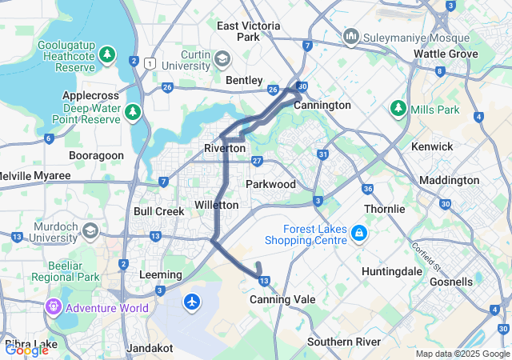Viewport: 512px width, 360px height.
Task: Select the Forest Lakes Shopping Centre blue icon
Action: click(x=359, y=233)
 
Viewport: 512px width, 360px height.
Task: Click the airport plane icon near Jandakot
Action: click(x=191, y=302)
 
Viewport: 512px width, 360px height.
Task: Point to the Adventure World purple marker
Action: click(x=54, y=306)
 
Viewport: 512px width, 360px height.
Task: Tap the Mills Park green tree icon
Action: click(x=398, y=107)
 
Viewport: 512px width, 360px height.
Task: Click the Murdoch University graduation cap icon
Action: click(x=90, y=231)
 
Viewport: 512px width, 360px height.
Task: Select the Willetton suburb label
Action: click(x=216, y=206)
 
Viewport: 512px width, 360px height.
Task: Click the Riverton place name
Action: click(x=225, y=148)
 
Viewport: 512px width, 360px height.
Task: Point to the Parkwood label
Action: click(x=270, y=184)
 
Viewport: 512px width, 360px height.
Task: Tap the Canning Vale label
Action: click(x=282, y=299)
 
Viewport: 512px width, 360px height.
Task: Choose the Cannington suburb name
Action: click(x=322, y=105)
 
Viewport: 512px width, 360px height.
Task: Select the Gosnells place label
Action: click(x=450, y=282)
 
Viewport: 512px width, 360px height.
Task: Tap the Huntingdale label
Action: click(x=391, y=271)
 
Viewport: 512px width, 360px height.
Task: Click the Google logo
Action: click(x=26, y=349)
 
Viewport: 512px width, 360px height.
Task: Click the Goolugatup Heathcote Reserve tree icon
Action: click(x=108, y=54)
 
